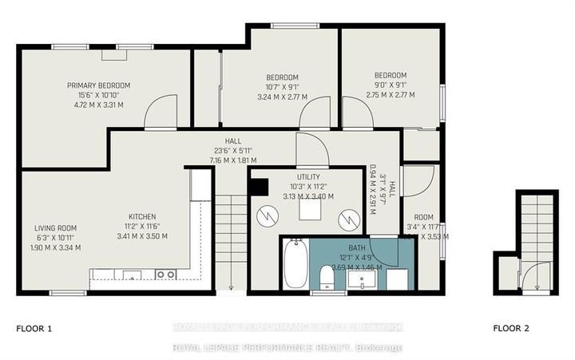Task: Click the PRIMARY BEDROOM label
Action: pyautogui.click(x=98, y=85)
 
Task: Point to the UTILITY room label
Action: pyautogui.click(x=308, y=176)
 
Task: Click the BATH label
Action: pyautogui.click(x=356, y=247)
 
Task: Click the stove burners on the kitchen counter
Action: pyautogui.click(x=165, y=275)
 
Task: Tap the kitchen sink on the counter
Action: pyautogui.click(x=130, y=275)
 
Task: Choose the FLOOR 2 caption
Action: pyautogui.click(x=510, y=328)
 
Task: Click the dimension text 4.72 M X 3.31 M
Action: pyautogui.click(x=98, y=104)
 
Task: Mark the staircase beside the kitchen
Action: pyautogui.click(x=229, y=239)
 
